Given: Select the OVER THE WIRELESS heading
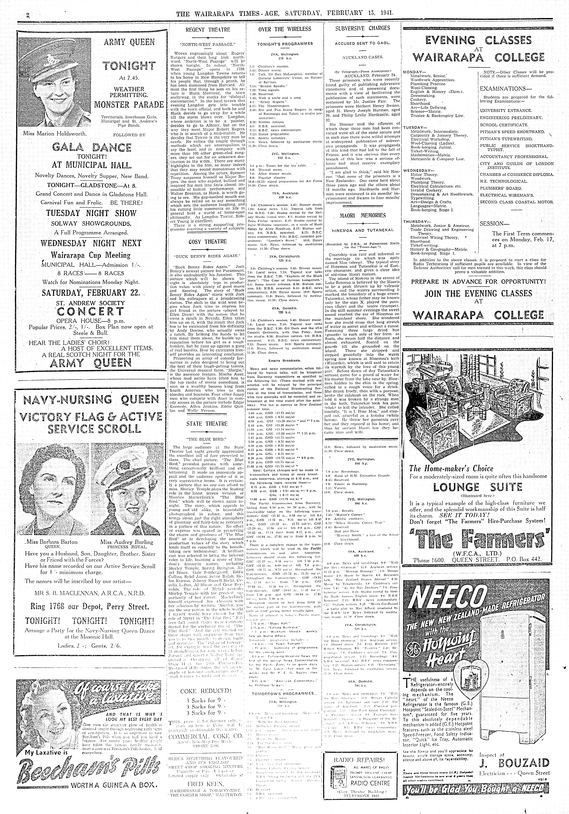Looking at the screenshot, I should coord(285,29).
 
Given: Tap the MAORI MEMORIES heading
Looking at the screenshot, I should coord(362,215).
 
